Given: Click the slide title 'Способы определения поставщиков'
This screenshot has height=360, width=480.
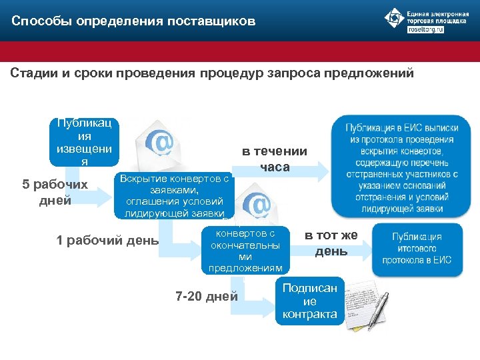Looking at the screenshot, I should coord(133,21).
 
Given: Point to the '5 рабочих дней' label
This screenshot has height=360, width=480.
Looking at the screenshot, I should coord(55,192).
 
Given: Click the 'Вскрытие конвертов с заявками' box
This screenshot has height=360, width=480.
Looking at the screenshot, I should coord(175,196).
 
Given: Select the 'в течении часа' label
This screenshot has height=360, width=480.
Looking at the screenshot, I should coord(275,159).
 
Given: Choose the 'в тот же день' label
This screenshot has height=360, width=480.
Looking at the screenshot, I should coord(331,243).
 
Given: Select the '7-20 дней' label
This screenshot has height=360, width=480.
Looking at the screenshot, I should coord(206,296).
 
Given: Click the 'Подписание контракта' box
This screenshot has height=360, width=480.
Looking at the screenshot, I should coord(310,301).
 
